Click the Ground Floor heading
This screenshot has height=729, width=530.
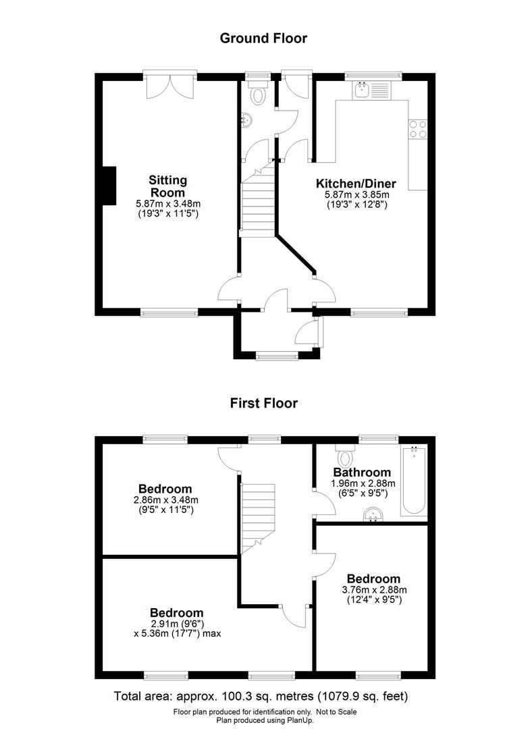[263, 38]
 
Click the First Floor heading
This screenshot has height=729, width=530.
[263, 404]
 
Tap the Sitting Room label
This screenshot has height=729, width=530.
[167, 186]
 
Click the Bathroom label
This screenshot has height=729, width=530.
[362, 473]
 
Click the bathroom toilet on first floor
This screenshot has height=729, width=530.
[346, 456]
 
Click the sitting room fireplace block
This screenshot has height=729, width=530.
[108, 184]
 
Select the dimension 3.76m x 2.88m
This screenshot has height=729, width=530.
[373, 589]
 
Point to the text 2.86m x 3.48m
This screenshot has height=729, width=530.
[165, 500]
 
